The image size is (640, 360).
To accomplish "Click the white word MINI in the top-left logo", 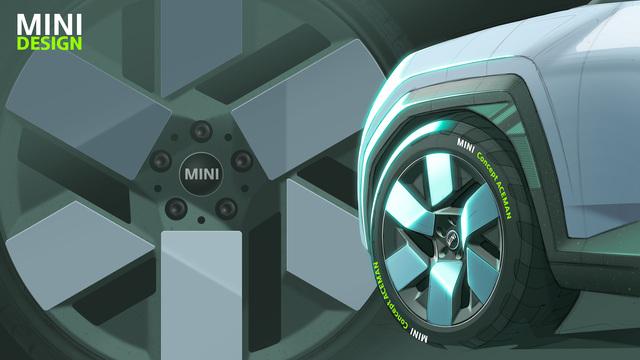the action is point(49,24).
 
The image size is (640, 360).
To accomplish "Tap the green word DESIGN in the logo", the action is point(49,44).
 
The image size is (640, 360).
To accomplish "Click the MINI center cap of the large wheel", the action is point(201,174).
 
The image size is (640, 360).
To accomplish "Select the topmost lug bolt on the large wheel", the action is point(201,131).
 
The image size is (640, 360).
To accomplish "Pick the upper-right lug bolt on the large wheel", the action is point(242,160).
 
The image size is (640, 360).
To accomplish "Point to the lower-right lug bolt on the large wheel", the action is point(226,208).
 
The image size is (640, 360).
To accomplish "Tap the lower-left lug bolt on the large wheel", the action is point(176,208).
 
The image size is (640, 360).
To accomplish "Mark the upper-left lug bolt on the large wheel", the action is point(160,160).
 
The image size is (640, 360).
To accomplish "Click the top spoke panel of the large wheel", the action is point(202,48).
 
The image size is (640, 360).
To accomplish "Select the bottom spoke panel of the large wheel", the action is point(202,296).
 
